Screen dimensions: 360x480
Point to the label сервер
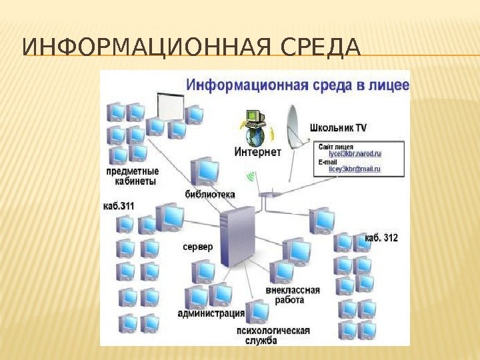pyautogui.click(x=198, y=247)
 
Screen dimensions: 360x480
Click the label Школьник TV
pyautogui.click(x=338, y=127)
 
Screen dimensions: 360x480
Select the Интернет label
pyautogui.click(x=258, y=153)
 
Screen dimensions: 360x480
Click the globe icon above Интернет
pyautogui.click(x=254, y=136)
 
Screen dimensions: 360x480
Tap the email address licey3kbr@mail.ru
pyautogui.click(x=354, y=169)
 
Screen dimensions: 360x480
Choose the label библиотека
pyautogui.click(x=210, y=195)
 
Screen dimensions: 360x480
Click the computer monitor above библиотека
pyautogui.click(x=205, y=171)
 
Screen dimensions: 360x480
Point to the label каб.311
pyautogui.click(x=119, y=206)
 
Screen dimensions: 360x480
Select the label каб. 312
pyautogui.click(x=381, y=237)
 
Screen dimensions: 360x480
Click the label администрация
pyautogui.click(x=211, y=313)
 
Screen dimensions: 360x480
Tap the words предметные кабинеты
pyautogui.click(x=133, y=176)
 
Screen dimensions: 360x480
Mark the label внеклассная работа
pyautogui.click(x=293, y=295)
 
